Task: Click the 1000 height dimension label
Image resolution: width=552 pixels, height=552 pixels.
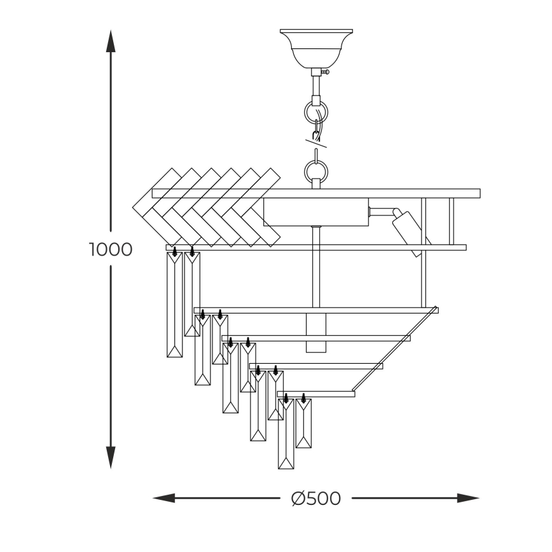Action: click(x=111, y=249)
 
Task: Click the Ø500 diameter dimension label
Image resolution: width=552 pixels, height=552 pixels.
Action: click(x=316, y=499)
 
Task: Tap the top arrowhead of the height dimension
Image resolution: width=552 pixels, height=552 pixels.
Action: click(x=111, y=41)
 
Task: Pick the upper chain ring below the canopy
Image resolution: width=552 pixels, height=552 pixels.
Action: click(x=316, y=113)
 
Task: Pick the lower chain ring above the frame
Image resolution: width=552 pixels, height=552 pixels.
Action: click(x=316, y=170)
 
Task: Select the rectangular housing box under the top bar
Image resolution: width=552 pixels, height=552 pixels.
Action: click(x=316, y=212)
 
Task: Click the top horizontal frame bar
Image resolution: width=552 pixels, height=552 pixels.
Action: click(x=316, y=193)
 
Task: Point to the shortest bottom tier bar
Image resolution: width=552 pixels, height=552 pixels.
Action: click(x=316, y=394)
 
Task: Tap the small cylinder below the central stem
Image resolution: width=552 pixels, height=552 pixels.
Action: click(x=315, y=332)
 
